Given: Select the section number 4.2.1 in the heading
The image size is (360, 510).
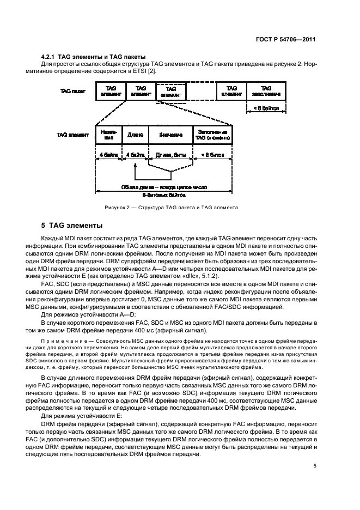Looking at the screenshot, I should coord(51,57).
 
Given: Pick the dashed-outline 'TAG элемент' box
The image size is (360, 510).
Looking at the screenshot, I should coord(170,92).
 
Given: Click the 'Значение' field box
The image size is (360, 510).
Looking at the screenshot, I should coord(170,135).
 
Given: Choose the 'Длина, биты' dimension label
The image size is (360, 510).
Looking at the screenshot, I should coord(171,155).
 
